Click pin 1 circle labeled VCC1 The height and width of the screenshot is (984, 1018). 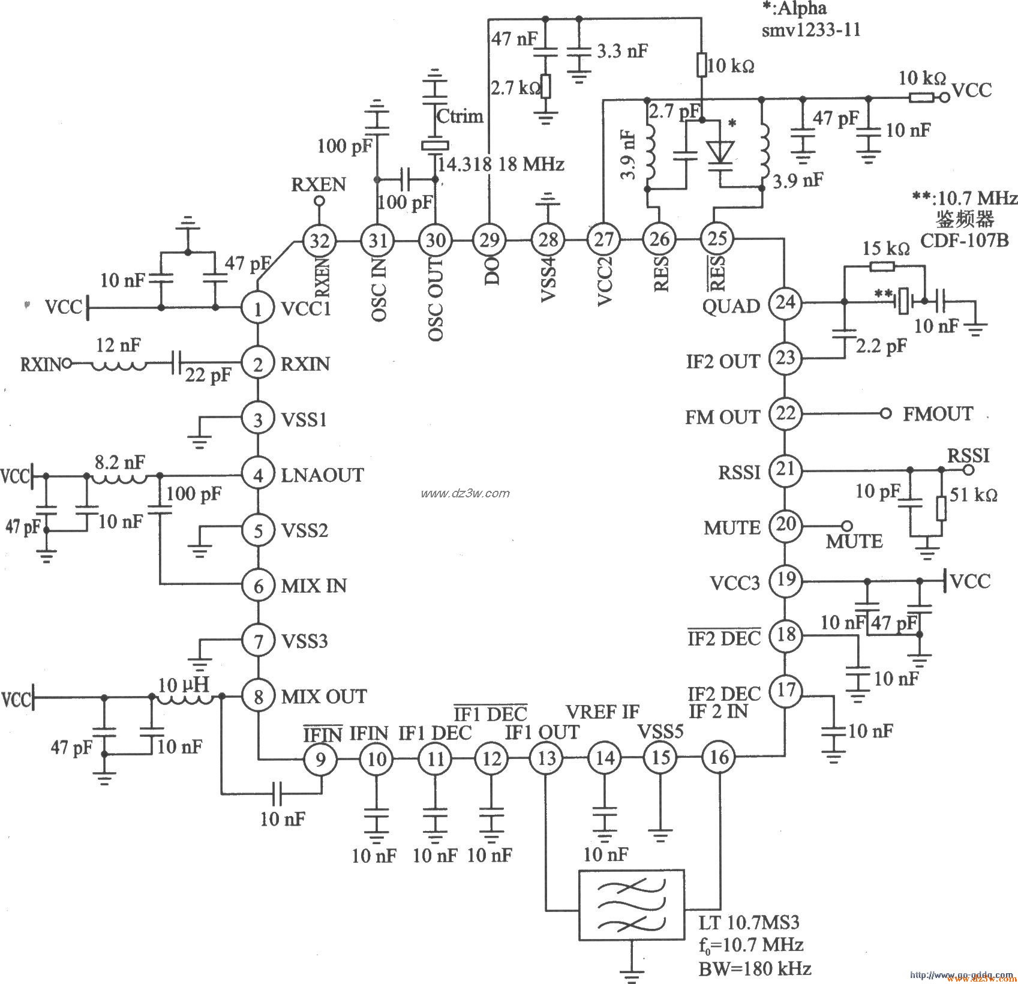pos(259,309)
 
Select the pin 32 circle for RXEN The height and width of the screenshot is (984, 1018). pos(319,241)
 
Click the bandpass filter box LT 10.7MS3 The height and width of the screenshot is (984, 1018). pos(630,905)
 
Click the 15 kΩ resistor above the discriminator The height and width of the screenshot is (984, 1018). pos(881,268)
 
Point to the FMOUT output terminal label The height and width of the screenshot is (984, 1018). pos(938,414)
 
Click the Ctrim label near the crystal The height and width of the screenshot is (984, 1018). pos(460,115)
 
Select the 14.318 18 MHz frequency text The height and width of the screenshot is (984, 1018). pos(501,164)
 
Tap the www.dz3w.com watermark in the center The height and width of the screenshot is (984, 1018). pos(465,493)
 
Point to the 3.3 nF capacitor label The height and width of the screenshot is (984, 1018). pos(621,50)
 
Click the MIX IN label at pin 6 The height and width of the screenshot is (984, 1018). pos(314,586)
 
